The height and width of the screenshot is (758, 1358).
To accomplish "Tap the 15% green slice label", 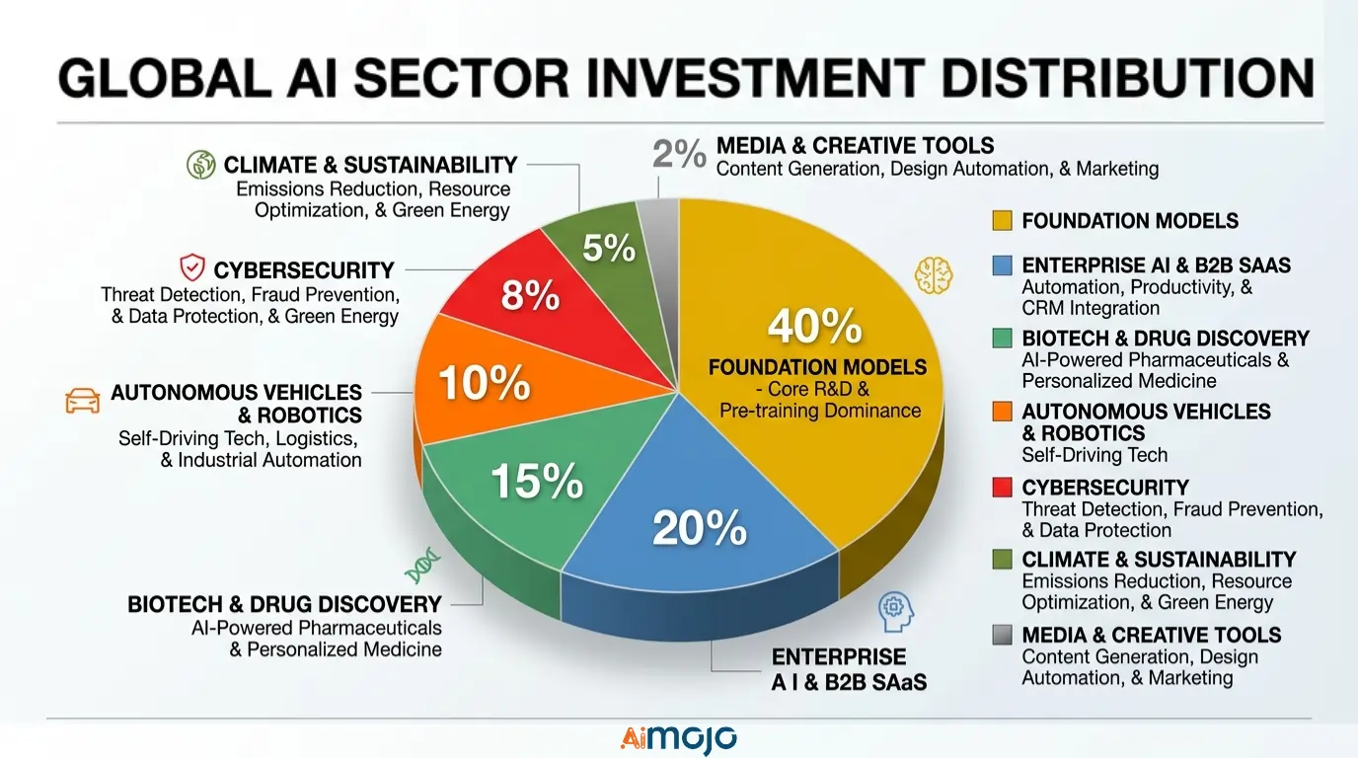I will click(536, 481).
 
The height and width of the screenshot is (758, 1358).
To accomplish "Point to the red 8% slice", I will click(530, 295).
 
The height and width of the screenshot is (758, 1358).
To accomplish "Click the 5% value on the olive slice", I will click(608, 248).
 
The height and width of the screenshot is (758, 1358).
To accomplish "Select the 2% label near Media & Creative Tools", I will click(679, 155).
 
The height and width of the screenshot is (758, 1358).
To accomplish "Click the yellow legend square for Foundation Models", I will click(1002, 221).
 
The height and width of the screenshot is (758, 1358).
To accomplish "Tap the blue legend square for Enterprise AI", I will click(1002, 265).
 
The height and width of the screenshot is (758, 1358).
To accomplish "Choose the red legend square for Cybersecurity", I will click(1002, 488).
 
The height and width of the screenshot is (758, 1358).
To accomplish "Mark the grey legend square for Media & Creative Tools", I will click(1002, 636).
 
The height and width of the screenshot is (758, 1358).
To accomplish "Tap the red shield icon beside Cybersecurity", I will click(191, 267).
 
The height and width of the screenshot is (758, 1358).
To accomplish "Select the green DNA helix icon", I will click(421, 567).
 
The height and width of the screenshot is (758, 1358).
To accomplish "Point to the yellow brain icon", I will click(933, 273).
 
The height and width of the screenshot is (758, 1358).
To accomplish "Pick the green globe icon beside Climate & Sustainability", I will click(200, 165).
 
